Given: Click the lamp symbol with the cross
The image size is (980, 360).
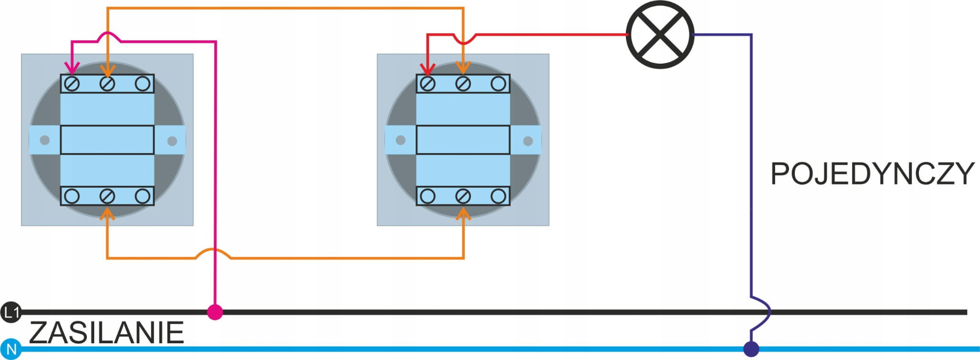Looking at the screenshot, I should [x=660, y=34].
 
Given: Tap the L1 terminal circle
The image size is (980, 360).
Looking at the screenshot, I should [x=11, y=313].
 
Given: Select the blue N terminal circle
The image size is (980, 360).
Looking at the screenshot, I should [x=11, y=349].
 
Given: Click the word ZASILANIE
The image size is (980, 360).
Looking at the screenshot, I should [x=106, y=333].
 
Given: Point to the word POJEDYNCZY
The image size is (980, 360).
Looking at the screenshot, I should [x=872, y=174].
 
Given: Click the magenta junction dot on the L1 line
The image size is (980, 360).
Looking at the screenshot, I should [x=215, y=312].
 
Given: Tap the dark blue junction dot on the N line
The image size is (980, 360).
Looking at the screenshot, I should [x=751, y=349].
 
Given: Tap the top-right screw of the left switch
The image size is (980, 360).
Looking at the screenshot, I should [x=142, y=84].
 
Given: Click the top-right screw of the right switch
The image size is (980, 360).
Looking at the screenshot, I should [x=498, y=84].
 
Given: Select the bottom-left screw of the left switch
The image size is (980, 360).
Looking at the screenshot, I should [x=72, y=196].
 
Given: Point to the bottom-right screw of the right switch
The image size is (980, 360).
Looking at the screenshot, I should [x=498, y=196].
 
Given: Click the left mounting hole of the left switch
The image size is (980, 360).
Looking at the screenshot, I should [x=45, y=140].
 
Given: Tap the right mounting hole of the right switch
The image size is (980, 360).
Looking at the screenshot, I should [x=528, y=141].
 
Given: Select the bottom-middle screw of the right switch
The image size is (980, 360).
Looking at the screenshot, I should [x=463, y=196].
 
